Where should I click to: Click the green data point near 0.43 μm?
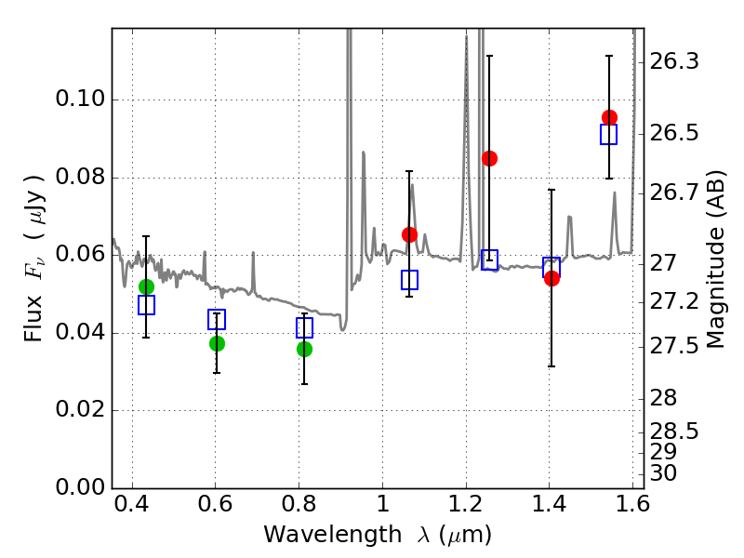click(x=146, y=286)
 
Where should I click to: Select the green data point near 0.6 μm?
click(x=217, y=343)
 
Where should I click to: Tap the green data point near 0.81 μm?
click(x=304, y=349)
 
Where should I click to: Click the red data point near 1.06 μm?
click(x=409, y=234)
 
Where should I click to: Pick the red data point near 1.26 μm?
click(x=489, y=158)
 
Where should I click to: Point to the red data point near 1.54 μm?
click(x=609, y=117)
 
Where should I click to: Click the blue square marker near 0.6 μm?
click(x=217, y=320)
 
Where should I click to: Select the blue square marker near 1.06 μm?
click(x=409, y=280)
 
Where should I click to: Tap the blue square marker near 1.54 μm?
click(x=609, y=135)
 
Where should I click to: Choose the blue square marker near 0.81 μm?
click(x=304, y=327)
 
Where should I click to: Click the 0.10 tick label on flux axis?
click(x=83, y=100)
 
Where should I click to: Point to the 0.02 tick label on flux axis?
click(x=83, y=410)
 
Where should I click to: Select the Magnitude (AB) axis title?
click(x=715, y=259)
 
